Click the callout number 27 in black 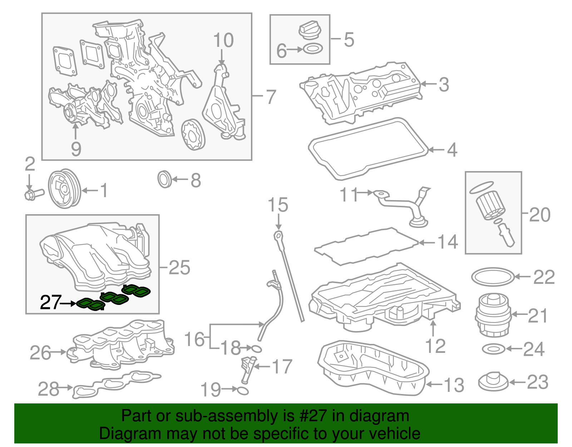(50, 303)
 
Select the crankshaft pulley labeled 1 (64, 189)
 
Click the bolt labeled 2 (33, 194)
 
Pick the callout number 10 (223, 40)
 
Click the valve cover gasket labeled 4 (368, 149)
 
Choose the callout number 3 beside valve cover (444, 84)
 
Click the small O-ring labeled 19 (243, 390)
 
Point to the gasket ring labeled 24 (493, 349)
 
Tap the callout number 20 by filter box (539, 215)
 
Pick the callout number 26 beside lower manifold (40, 353)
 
